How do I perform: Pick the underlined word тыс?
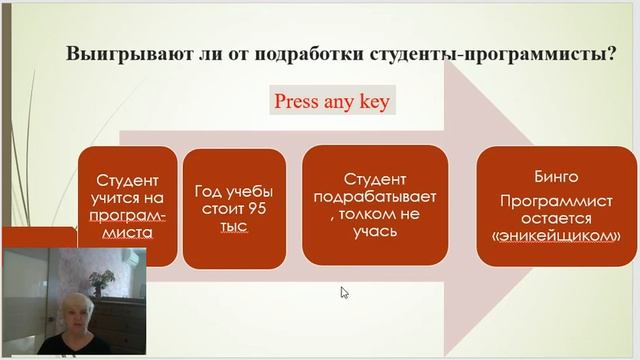click(x=232, y=227)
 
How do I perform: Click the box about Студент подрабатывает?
click(x=374, y=205)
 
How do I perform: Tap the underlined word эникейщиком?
click(x=557, y=236)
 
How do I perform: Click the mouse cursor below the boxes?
click(x=345, y=293)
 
